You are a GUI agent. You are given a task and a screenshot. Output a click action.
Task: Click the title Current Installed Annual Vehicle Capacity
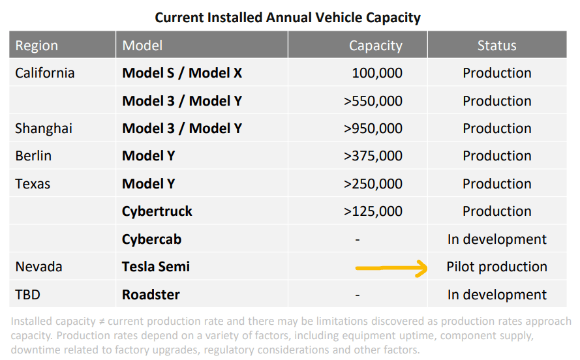pyautogui.click(x=288, y=17)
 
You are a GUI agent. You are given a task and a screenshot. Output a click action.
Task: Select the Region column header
pyautogui.click(x=37, y=46)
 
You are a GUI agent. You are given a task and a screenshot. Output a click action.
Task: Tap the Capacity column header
pyautogui.click(x=375, y=46)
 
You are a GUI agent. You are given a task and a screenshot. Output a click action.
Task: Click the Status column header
pyautogui.click(x=496, y=46)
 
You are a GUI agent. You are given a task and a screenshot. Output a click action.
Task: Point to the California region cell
pyautogui.click(x=45, y=73)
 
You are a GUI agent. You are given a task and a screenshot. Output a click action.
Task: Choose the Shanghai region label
pyautogui.click(x=44, y=128)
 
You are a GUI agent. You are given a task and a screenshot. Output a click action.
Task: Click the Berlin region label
pyautogui.click(x=33, y=156)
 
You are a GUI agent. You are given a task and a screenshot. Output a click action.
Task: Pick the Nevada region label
pyautogui.click(x=38, y=267)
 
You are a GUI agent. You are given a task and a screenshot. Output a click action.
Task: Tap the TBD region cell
pyautogui.click(x=27, y=294)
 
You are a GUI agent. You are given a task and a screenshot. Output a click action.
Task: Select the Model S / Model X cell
pyautogui.click(x=182, y=73)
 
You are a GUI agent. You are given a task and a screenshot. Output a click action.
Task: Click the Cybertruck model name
pyautogui.click(x=157, y=211)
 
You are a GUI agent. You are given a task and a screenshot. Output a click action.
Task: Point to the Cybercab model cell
pyautogui.click(x=152, y=239)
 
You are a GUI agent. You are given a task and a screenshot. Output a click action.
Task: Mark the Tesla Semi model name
pyautogui.click(x=156, y=267)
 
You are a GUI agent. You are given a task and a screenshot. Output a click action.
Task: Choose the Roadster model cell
pyautogui.click(x=151, y=294)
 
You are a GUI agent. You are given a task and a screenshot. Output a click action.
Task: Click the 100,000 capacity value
pyautogui.click(x=377, y=73)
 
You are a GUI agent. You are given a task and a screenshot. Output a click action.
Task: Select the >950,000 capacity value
pyautogui.click(x=373, y=128)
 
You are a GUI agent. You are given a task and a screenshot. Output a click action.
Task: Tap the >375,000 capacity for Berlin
pyautogui.click(x=373, y=156)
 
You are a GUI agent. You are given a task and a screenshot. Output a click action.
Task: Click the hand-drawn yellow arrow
pyautogui.click(x=390, y=267)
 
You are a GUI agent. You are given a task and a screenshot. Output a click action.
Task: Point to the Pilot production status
pyautogui.click(x=496, y=267)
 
